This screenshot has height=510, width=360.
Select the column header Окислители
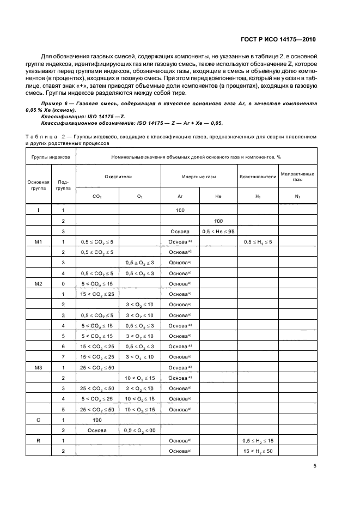(118, 177)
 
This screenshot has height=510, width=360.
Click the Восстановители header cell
(257, 177)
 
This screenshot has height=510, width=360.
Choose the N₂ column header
(297, 196)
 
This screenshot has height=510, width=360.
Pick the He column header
(218, 196)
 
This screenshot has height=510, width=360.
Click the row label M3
(38, 367)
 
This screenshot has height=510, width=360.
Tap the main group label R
(38, 440)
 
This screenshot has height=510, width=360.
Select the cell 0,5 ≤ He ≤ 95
(218, 231)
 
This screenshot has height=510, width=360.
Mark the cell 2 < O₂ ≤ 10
(139, 387)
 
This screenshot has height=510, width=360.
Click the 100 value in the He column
(218, 221)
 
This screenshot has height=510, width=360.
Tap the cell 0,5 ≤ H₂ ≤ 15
(257, 440)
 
